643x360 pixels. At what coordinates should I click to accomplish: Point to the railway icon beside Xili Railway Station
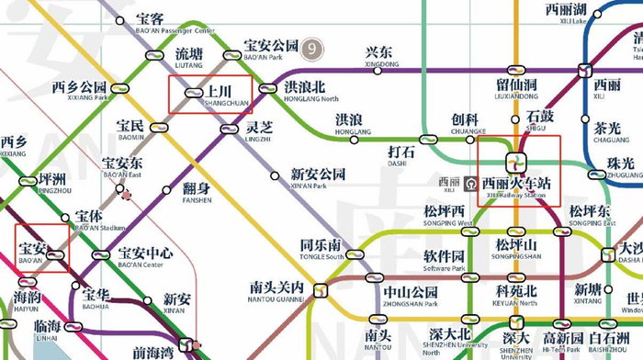point(469,183)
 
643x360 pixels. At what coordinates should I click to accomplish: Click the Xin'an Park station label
point(318,177)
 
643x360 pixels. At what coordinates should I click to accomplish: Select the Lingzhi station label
point(258,130)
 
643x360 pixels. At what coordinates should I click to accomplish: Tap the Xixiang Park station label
point(79,90)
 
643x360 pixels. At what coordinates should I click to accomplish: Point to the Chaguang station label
point(607,132)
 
